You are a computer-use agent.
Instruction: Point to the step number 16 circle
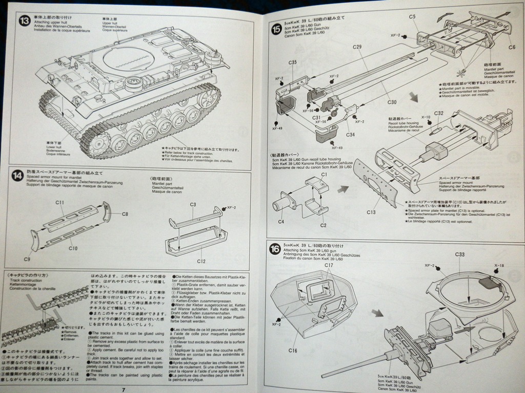pos(275,250)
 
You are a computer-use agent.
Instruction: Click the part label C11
pos(59,203)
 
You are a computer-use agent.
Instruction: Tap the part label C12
pos(201,261)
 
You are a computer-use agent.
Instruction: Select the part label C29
pos(357,47)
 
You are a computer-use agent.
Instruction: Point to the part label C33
pos(459,254)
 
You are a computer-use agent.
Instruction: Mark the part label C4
pos(281,222)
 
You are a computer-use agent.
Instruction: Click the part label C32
pos(438,113)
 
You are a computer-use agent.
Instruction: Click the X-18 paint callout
pos(499,265)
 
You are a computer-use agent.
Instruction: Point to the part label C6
pos(511,47)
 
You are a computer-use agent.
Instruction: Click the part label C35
pos(293,62)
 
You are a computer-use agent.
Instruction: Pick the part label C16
pos(293,350)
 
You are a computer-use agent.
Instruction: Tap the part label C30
pos(392,102)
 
